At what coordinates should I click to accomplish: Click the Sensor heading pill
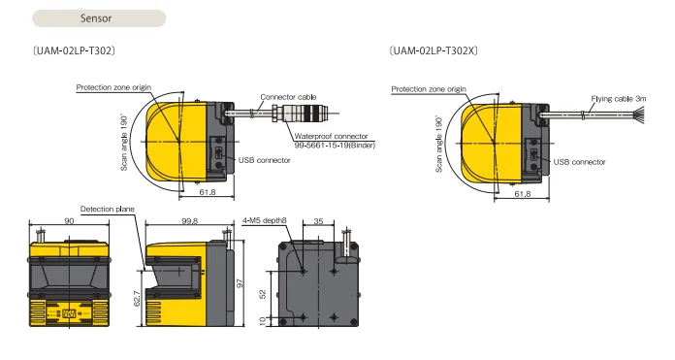[x=99, y=18]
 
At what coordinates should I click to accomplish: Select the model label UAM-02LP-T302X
[x=434, y=50]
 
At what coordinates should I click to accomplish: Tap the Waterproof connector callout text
[x=331, y=136]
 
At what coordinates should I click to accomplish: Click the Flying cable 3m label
[x=618, y=99]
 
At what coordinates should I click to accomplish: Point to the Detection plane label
[x=108, y=209]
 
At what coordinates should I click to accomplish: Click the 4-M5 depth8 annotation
[x=265, y=220]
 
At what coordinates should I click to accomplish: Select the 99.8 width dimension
[x=189, y=220]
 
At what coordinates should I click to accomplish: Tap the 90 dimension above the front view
[x=69, y=220]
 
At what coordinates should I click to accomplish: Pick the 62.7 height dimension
[x=137, y=299]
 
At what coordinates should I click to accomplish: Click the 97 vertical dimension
[x=240, y=283]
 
